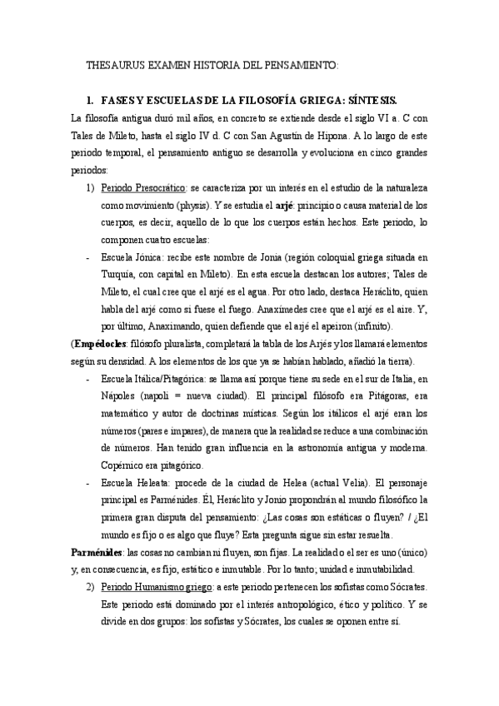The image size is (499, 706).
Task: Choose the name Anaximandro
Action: point(162,325)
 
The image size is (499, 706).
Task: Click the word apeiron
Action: point(319,325)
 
